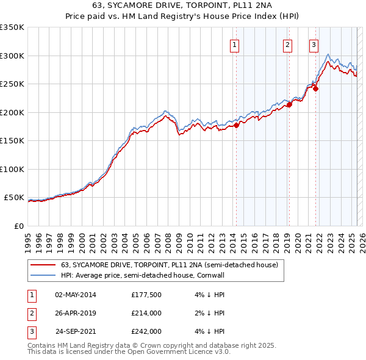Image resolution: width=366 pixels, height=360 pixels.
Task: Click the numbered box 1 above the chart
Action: pyautogui.click(x=235, y=45)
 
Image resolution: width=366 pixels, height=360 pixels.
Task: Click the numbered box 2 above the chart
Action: pyautogui.click(x=287, y=45)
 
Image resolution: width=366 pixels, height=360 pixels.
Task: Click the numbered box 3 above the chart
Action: pyautogui.click(x=314, y=45)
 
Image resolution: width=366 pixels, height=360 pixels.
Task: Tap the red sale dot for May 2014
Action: pyautogui.click(x=236, y=126)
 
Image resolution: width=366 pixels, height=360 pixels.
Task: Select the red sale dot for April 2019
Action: pyautogui.click(x=289, y=105)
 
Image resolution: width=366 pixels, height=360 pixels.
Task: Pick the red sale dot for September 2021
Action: pyautogui.click(x=316, y=89)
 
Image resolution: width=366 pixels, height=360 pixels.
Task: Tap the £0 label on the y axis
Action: pyautogui.click(x=18, y=226)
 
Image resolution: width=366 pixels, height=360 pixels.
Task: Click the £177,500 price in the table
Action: pyautogui.click(x=145, y=295)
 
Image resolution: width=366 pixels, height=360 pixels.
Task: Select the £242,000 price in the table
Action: pyautogui.click(x=145, y=332)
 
